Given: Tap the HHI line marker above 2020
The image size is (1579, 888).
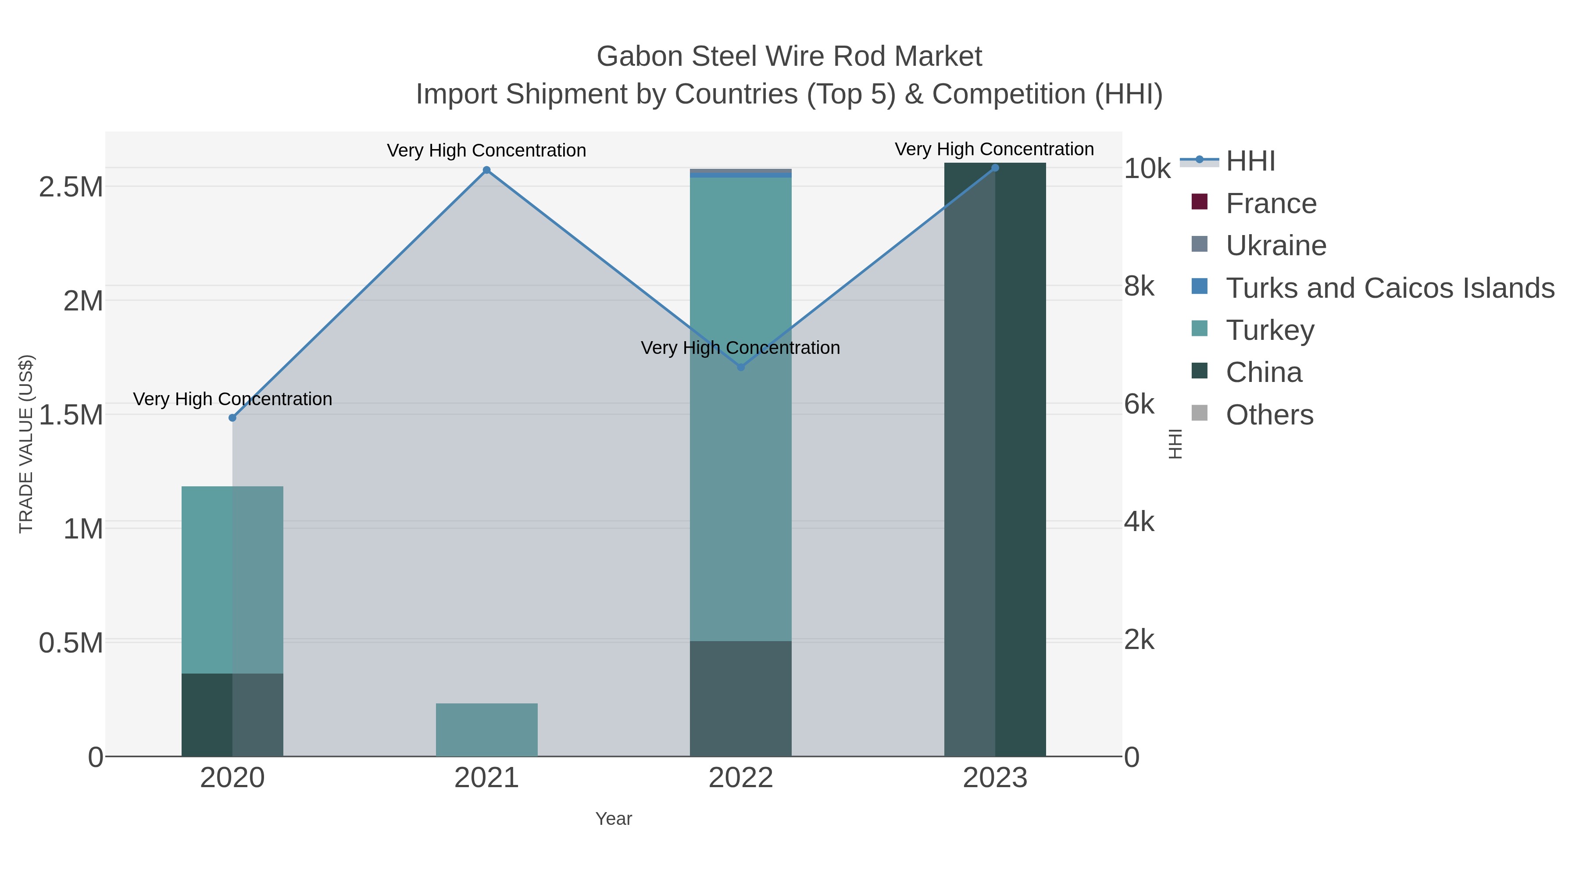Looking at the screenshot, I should (x=232, y=418).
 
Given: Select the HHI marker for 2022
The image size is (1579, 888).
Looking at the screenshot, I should (x=740, y=367).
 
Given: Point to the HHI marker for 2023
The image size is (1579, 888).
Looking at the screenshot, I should (x=995, y=168).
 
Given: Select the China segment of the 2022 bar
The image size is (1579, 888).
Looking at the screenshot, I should (x=740, y=699).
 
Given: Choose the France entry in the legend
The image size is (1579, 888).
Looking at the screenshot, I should (x=1271, y=203).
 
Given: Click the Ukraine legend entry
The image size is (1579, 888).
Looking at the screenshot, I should (x=1275, y=246).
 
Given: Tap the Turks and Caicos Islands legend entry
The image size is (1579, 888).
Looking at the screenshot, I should (x=1390, y=288).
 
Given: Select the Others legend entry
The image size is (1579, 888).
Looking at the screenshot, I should (x=1269, y=415).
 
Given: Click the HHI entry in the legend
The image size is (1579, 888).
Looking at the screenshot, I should (x=1250, y=161).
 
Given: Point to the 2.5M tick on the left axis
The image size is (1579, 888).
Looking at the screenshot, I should (x=71, y=187).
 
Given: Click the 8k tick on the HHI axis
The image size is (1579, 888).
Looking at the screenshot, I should (x=1139, y=286).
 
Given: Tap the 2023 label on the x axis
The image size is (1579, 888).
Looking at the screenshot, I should (x=995, y=778).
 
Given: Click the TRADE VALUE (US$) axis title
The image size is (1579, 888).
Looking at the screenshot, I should (x=26, y=444).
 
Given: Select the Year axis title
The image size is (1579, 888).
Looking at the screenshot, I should (x=614, y=819).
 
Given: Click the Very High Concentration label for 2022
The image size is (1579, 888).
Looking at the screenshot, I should (x=740, y=347).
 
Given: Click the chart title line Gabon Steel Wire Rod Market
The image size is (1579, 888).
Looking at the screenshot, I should (x=789, y=57).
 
